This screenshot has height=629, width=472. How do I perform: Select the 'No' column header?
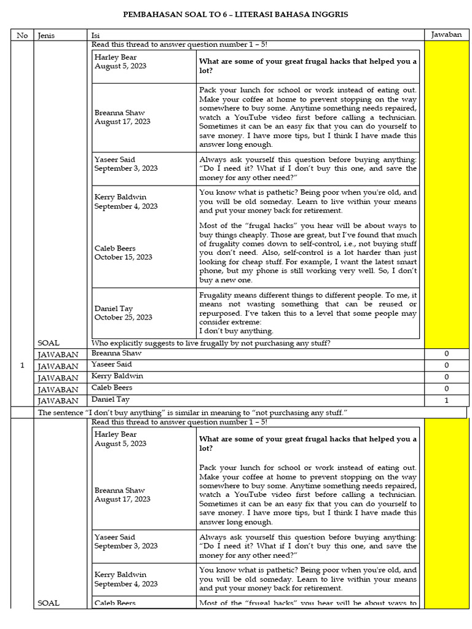tap(22, 35)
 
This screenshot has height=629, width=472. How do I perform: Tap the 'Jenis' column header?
tap(46, 35)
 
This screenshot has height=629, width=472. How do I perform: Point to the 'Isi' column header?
tap(96, 35)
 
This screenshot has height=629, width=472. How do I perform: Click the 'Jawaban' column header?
tap(446, 34)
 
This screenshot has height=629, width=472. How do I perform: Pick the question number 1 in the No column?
tap(22, 365)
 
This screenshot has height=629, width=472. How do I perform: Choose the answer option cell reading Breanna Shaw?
tap(116, 353)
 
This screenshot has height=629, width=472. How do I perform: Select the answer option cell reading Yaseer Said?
tap(112, 364)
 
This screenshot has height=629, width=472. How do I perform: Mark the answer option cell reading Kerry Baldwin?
tap(117, 376)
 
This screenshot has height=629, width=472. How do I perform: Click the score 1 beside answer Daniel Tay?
tap(446, 400)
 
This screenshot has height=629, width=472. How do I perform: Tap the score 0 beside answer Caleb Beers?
tap(446, 388)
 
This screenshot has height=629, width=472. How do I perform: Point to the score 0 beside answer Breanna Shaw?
tap(446, 354)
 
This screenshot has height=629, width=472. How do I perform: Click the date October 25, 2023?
tap(123, 318)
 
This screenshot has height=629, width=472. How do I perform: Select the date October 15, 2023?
tap(123, 257)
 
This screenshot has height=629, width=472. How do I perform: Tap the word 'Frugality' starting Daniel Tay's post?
tap(217, 295)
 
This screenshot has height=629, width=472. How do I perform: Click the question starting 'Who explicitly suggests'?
tap(210, 343)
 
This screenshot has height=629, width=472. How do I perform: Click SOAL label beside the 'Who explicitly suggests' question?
tap(49, 343)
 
